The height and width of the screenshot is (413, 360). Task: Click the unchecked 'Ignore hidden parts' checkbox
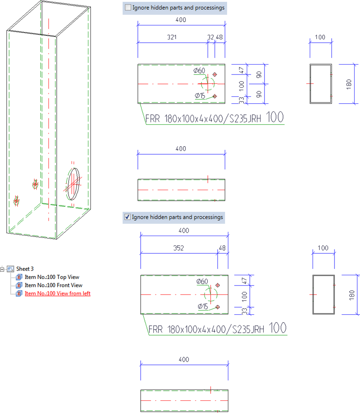tap(128, 7)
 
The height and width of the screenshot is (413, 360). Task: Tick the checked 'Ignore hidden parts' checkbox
tap(128, 217)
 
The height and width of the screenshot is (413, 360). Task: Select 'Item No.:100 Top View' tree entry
tap(52, 277)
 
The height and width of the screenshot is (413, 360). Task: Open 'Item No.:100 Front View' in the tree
tap(53, 285)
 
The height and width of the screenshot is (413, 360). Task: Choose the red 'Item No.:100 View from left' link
tap(58, 293)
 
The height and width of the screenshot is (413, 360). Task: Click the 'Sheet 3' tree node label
tap(25, 269)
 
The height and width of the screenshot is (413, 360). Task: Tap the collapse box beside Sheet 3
tap(2, 269)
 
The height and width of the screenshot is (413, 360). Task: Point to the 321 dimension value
tap(172, 37)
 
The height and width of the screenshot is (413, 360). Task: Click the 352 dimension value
tap(178, 248)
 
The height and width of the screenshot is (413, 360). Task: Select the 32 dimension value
tap(211, 37)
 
